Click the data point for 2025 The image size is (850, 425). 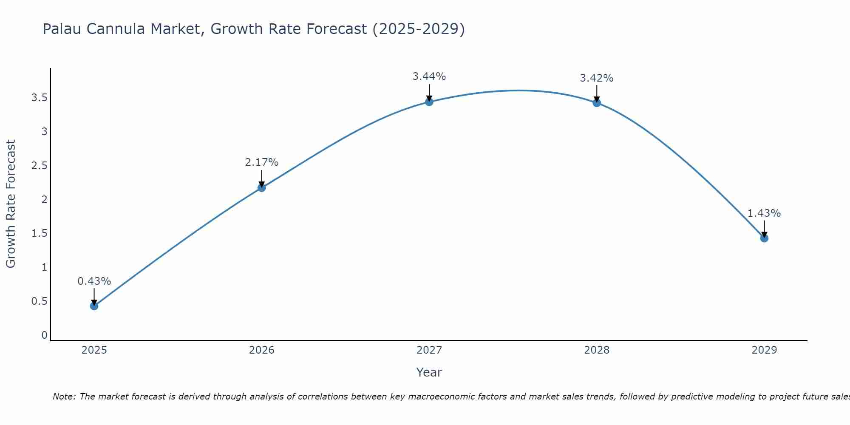click(x=94, y=306)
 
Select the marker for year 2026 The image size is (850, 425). click(x=261, y=187)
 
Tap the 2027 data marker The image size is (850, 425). click(x=429, y=102)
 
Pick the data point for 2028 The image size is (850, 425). click(x=596, y=102)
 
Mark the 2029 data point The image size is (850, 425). click(x=764, y=238)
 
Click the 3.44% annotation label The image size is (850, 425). click(x=429, y=76)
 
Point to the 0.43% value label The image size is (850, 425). click(x=94, y=281)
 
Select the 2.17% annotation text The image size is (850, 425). click(x=261, y=162)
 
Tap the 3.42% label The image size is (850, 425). click(x=596, y=78)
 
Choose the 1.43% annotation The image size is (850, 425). click(x=764, y=213)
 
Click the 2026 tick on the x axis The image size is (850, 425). click(x=261, y=350)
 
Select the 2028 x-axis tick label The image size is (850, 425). click(x=596, y=350)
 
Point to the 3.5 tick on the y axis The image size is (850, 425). click(x=39, y=98)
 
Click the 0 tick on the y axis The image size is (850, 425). click(x=44, y=335)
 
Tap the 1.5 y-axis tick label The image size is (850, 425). click(x=39, y=233)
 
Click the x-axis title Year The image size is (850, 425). click(x=429, y=372)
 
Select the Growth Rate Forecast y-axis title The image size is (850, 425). click(x=11, y=204)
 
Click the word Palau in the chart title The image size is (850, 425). click(x=62, y=29)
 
